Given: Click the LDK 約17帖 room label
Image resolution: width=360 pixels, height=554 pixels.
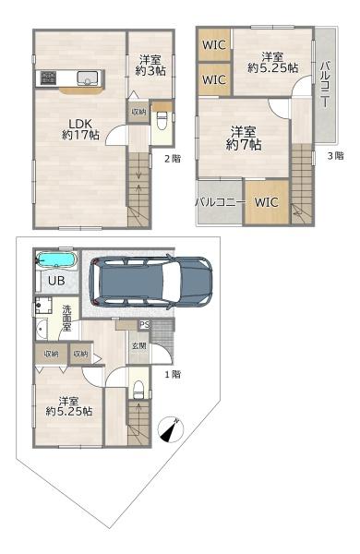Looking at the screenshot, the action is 80,129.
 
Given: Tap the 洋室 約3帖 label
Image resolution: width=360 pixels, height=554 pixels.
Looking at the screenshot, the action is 150,65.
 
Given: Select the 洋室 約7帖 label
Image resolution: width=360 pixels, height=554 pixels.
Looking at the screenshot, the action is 244,138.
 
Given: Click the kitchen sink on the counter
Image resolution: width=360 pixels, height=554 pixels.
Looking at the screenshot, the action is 87,78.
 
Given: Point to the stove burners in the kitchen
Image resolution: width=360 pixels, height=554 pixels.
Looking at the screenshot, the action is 48,78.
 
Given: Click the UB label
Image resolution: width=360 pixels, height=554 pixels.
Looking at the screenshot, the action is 56,281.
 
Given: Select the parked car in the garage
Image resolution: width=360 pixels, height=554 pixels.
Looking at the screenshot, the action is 150,282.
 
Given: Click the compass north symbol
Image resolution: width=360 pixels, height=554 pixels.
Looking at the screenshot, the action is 171,430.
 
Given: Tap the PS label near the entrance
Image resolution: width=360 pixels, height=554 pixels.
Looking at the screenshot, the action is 144,324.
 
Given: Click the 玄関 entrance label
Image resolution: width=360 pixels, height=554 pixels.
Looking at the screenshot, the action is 139,346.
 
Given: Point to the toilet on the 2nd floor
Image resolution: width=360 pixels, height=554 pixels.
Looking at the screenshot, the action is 162,121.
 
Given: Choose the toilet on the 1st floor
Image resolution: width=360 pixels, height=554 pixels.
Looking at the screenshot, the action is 138,389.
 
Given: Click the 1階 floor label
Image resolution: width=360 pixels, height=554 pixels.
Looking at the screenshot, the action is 173,374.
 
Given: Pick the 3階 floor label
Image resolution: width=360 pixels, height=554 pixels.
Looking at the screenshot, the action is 335,155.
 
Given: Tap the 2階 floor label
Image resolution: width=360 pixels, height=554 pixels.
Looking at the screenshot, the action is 173,159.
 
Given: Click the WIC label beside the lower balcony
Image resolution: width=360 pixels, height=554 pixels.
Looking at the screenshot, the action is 267,202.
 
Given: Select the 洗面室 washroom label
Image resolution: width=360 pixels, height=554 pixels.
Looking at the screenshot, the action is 66,318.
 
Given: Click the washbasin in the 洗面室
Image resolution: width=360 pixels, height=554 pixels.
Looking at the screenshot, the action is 42,329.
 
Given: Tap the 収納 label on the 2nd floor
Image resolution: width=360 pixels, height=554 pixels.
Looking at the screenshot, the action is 138,112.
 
